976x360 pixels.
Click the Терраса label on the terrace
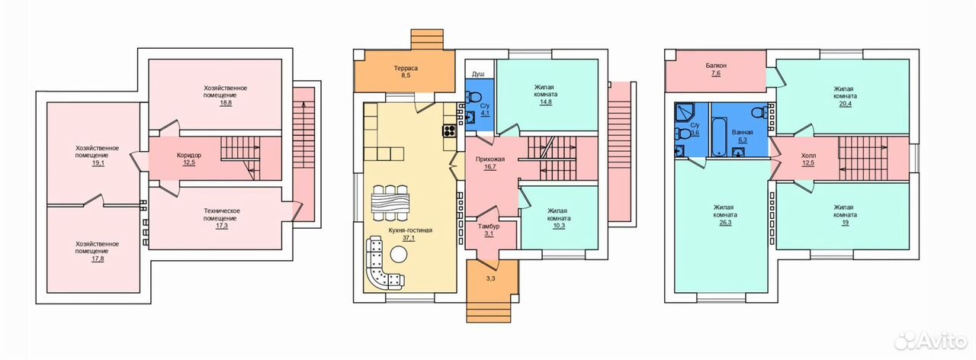(406, 68)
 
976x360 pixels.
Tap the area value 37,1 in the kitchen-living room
(409, 238)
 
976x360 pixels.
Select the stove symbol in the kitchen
(450, 130)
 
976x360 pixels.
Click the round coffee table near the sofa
(398, 255)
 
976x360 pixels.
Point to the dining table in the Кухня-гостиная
(390, 203)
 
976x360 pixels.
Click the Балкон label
(716, 66)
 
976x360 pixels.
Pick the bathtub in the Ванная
(719, 137)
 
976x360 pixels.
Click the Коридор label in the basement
(189, 155)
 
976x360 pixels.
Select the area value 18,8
(226, 103)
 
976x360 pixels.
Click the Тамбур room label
(489, 227)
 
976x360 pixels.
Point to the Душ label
(478, 75)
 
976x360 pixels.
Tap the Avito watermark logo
(931, 341)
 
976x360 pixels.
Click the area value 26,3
(725, 222)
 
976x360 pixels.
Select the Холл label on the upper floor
(808, 156)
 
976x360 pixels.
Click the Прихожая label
(490, 159)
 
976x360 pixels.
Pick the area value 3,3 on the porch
(490, 278)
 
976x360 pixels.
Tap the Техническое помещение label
(222, 214)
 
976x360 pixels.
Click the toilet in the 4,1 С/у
(473, 96)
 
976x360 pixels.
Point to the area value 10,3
(559, 226)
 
